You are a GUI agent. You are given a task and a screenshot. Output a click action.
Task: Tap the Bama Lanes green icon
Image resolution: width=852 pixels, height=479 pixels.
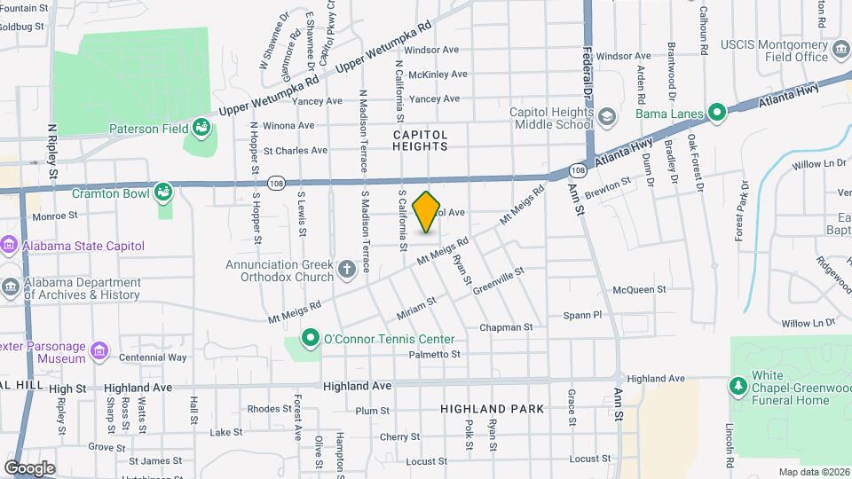click(717, 114)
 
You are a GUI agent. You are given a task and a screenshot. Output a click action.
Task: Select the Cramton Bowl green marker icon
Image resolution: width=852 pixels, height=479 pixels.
click(163, 192)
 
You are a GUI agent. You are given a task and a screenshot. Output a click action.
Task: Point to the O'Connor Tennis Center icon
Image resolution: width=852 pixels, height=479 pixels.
click(310, 339)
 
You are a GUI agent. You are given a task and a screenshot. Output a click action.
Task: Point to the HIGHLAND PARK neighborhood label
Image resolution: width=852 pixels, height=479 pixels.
click(493, 409)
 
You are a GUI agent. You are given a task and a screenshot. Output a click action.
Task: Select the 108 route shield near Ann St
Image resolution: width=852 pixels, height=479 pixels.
click(579, 169)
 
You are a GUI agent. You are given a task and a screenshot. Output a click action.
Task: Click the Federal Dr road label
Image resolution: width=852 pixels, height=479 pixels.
click(588, 72)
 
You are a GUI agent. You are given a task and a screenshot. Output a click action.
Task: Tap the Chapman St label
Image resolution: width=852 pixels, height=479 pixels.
click(506, 327)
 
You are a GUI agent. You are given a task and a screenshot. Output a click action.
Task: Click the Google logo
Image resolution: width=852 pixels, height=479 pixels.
click(29, 467)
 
